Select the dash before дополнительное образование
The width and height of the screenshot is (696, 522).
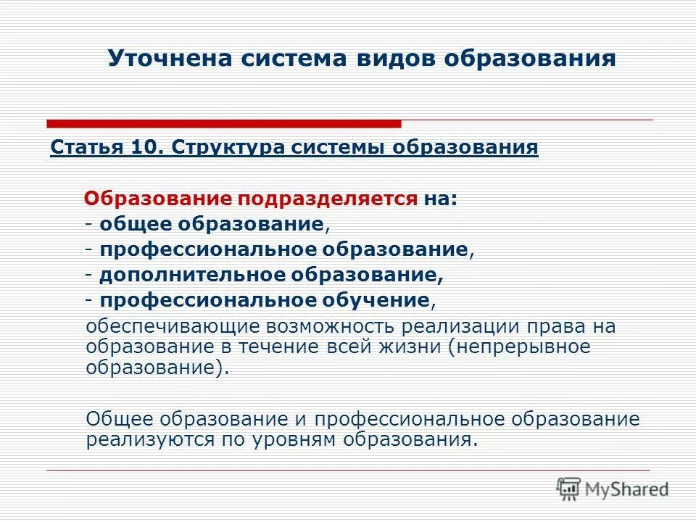(87, 275)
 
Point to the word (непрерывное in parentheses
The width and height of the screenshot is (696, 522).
(519, 347)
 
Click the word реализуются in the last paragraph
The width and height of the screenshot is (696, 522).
(142, 439)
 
